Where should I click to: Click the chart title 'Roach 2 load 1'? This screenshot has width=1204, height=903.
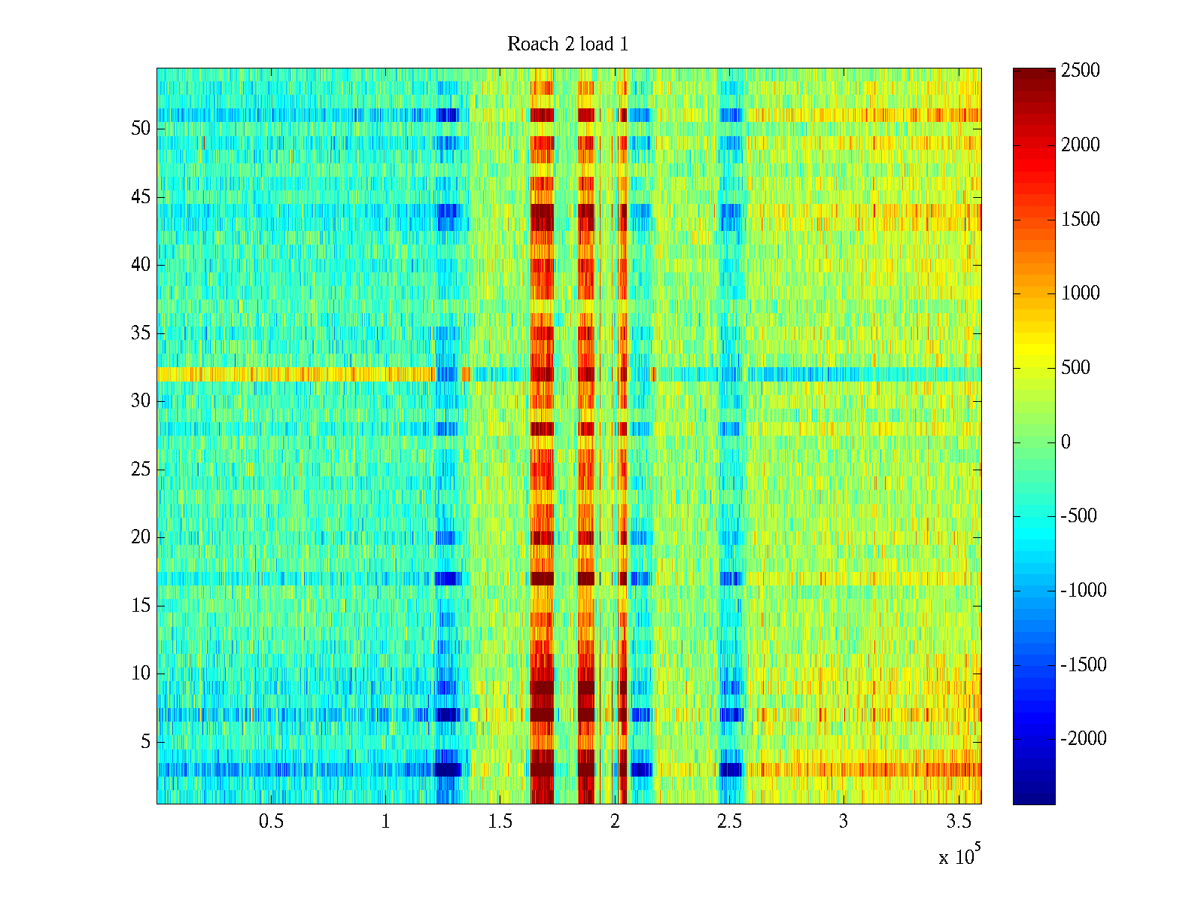pos(568,44)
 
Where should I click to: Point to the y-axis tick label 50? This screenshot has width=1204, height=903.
pos(141,129)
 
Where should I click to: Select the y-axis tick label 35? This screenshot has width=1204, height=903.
pos(141,333)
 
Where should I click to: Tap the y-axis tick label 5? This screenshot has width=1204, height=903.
pos(145,742)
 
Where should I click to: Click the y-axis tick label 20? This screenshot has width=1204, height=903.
pos(141,537)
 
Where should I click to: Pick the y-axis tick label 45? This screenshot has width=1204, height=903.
pos(141,197)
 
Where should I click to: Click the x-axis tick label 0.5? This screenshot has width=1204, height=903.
pos(271,822)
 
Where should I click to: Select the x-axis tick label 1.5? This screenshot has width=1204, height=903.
pos(500,822)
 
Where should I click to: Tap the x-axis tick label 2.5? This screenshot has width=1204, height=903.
pos(729,822)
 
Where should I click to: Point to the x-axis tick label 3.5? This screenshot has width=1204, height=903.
pos(958,822)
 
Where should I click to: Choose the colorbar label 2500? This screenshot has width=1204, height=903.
pos(1081,71)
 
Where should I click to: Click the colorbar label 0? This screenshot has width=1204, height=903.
pos(1066,442)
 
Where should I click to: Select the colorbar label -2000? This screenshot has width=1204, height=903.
pos(1084,739)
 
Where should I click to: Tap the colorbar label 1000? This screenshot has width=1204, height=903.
pos(1081,293)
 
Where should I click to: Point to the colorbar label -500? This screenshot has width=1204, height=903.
pos(1079,516)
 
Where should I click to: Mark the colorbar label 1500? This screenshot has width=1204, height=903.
pos(1081,220)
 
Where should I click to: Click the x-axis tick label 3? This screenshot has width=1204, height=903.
pos(843,822)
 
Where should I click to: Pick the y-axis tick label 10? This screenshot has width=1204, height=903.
pos(141,673)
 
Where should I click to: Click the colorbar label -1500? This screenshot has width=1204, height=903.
pos(1084,665)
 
